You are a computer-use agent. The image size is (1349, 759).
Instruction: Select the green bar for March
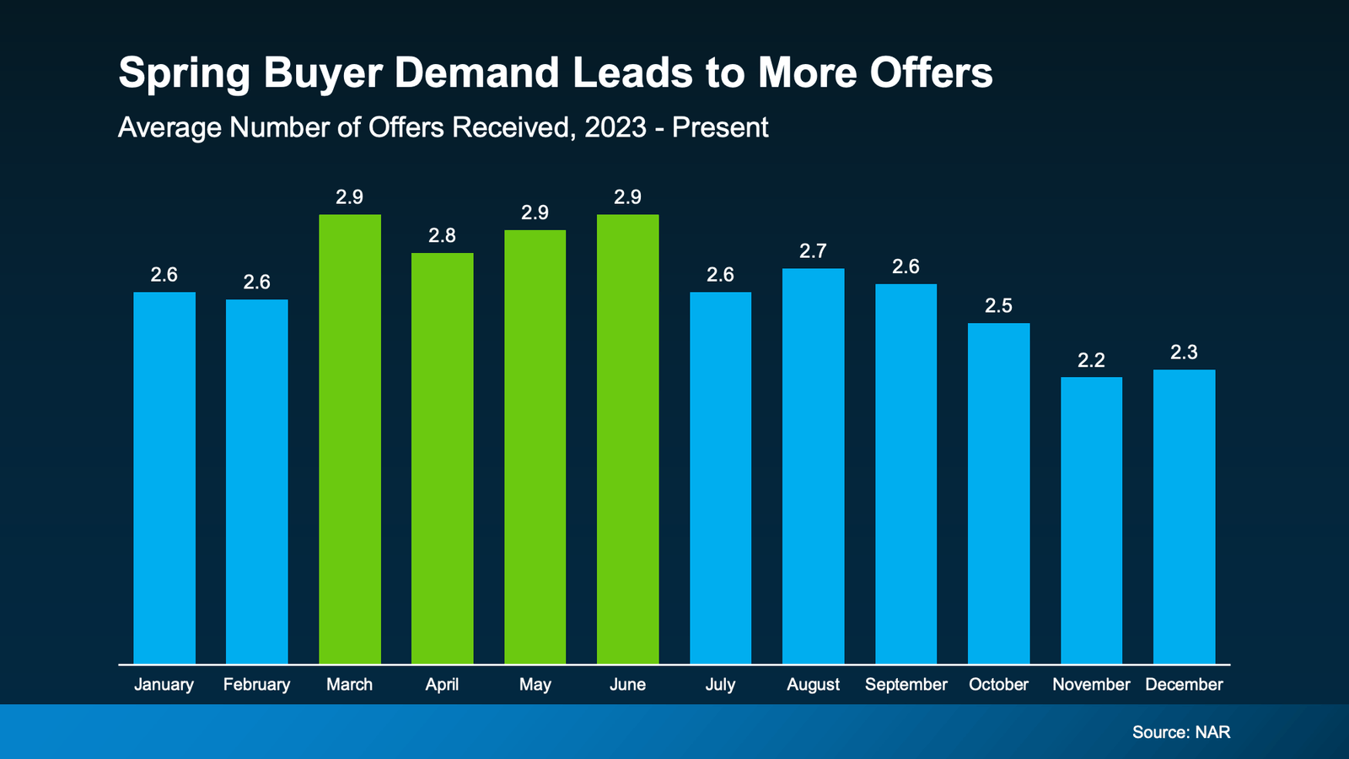click(349, 439)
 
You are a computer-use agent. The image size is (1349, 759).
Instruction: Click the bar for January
click(164, 477)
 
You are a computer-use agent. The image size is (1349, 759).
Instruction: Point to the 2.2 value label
click(1091, 361)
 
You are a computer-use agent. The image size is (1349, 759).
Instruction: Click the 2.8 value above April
click(442, 236)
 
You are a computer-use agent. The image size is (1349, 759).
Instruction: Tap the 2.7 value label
click(813, 251)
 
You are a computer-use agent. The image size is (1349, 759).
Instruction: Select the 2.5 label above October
click(998, 306)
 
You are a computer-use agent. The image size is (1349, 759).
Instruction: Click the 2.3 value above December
click(1184, 353)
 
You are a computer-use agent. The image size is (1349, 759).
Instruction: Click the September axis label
click(906, 685)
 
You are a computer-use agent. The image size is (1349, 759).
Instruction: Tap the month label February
click(256, 685)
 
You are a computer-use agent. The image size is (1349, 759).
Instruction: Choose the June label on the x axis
click(627, 685)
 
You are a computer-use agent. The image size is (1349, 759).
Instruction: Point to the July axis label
click(720, 685)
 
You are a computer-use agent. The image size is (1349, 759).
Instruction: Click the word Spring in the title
click(184, 73)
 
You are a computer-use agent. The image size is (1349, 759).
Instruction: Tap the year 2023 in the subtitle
click(615, 127)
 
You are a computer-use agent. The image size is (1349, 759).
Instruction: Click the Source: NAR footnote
click(1180, 732)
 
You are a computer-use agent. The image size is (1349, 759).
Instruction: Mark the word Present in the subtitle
click(720, 127)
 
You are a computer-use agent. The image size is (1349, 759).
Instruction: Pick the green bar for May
click(535, 447)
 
